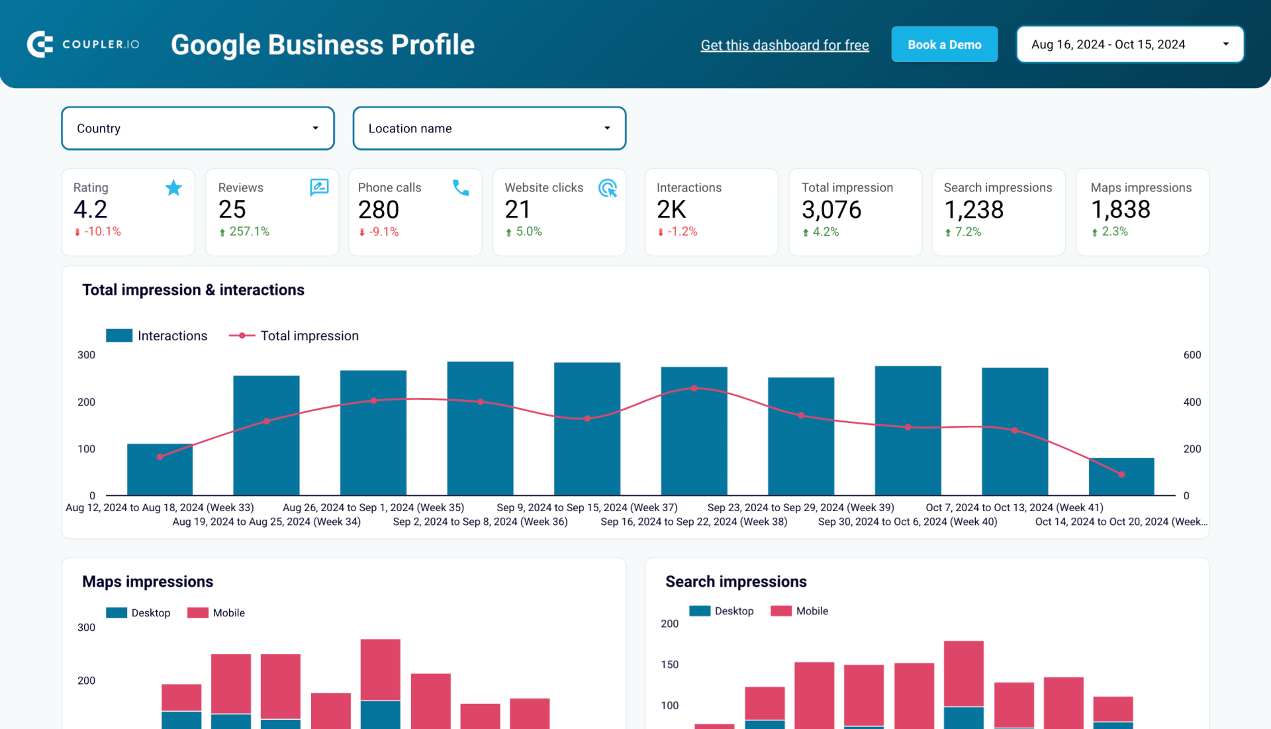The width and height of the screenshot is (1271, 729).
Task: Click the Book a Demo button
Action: click(944, 44)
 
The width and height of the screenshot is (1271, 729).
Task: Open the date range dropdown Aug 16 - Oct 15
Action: click(1129, 44)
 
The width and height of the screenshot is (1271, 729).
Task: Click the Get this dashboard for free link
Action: click(784, 45)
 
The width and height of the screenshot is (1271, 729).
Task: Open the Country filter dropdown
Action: click(197, 128)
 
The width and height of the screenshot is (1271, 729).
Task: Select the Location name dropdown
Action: click(489, 128)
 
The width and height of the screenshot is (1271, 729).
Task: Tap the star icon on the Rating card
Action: click(173, 188)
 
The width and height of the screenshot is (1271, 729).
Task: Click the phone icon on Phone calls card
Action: click(461, 188)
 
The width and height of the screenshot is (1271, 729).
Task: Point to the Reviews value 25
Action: click(232, 210)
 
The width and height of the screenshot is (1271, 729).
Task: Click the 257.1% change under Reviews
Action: click(249, 232)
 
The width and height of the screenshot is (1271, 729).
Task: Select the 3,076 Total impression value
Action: click(831, 210)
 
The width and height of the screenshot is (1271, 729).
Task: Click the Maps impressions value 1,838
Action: click(1120, 210)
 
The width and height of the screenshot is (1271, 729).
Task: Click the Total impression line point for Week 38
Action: click(694, 389)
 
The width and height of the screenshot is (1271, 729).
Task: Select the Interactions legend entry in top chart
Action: click(157, 336)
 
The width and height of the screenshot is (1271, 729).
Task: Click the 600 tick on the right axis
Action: click(1192, 355)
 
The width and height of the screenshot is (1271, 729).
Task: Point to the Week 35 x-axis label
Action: click(373, 507)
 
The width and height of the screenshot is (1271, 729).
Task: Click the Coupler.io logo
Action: click(83, 44)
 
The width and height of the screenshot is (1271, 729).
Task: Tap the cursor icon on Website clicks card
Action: click(607, 188)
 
